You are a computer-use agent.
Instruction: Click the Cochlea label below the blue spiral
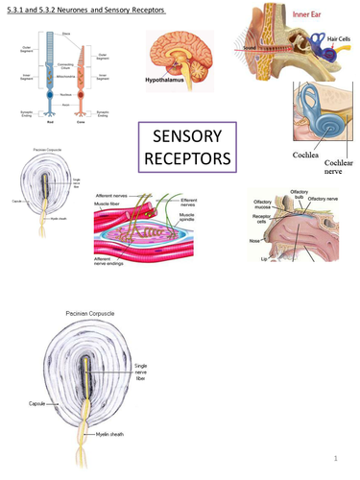pos(312,152)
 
